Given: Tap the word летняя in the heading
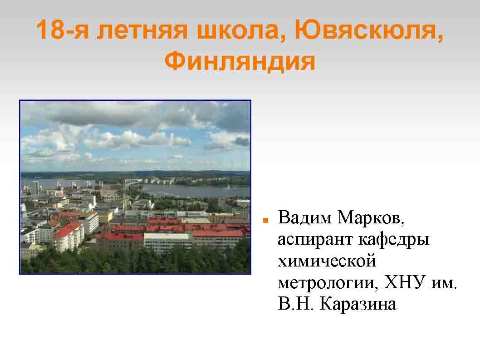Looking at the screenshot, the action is [x=142, y=31].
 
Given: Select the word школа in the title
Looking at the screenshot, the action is [x=241, y=31].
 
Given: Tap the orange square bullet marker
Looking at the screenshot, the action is [x=266, y=220].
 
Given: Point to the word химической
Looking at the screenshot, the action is [x=327, y=261].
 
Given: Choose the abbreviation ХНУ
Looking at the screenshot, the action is [x=405, y=282].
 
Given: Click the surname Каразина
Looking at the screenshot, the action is [x=358, y=304].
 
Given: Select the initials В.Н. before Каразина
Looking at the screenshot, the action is [x=296, y=304].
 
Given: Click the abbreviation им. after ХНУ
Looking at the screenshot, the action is [x=444, y=283].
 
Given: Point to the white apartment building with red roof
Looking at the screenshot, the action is [x=69, y=236].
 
